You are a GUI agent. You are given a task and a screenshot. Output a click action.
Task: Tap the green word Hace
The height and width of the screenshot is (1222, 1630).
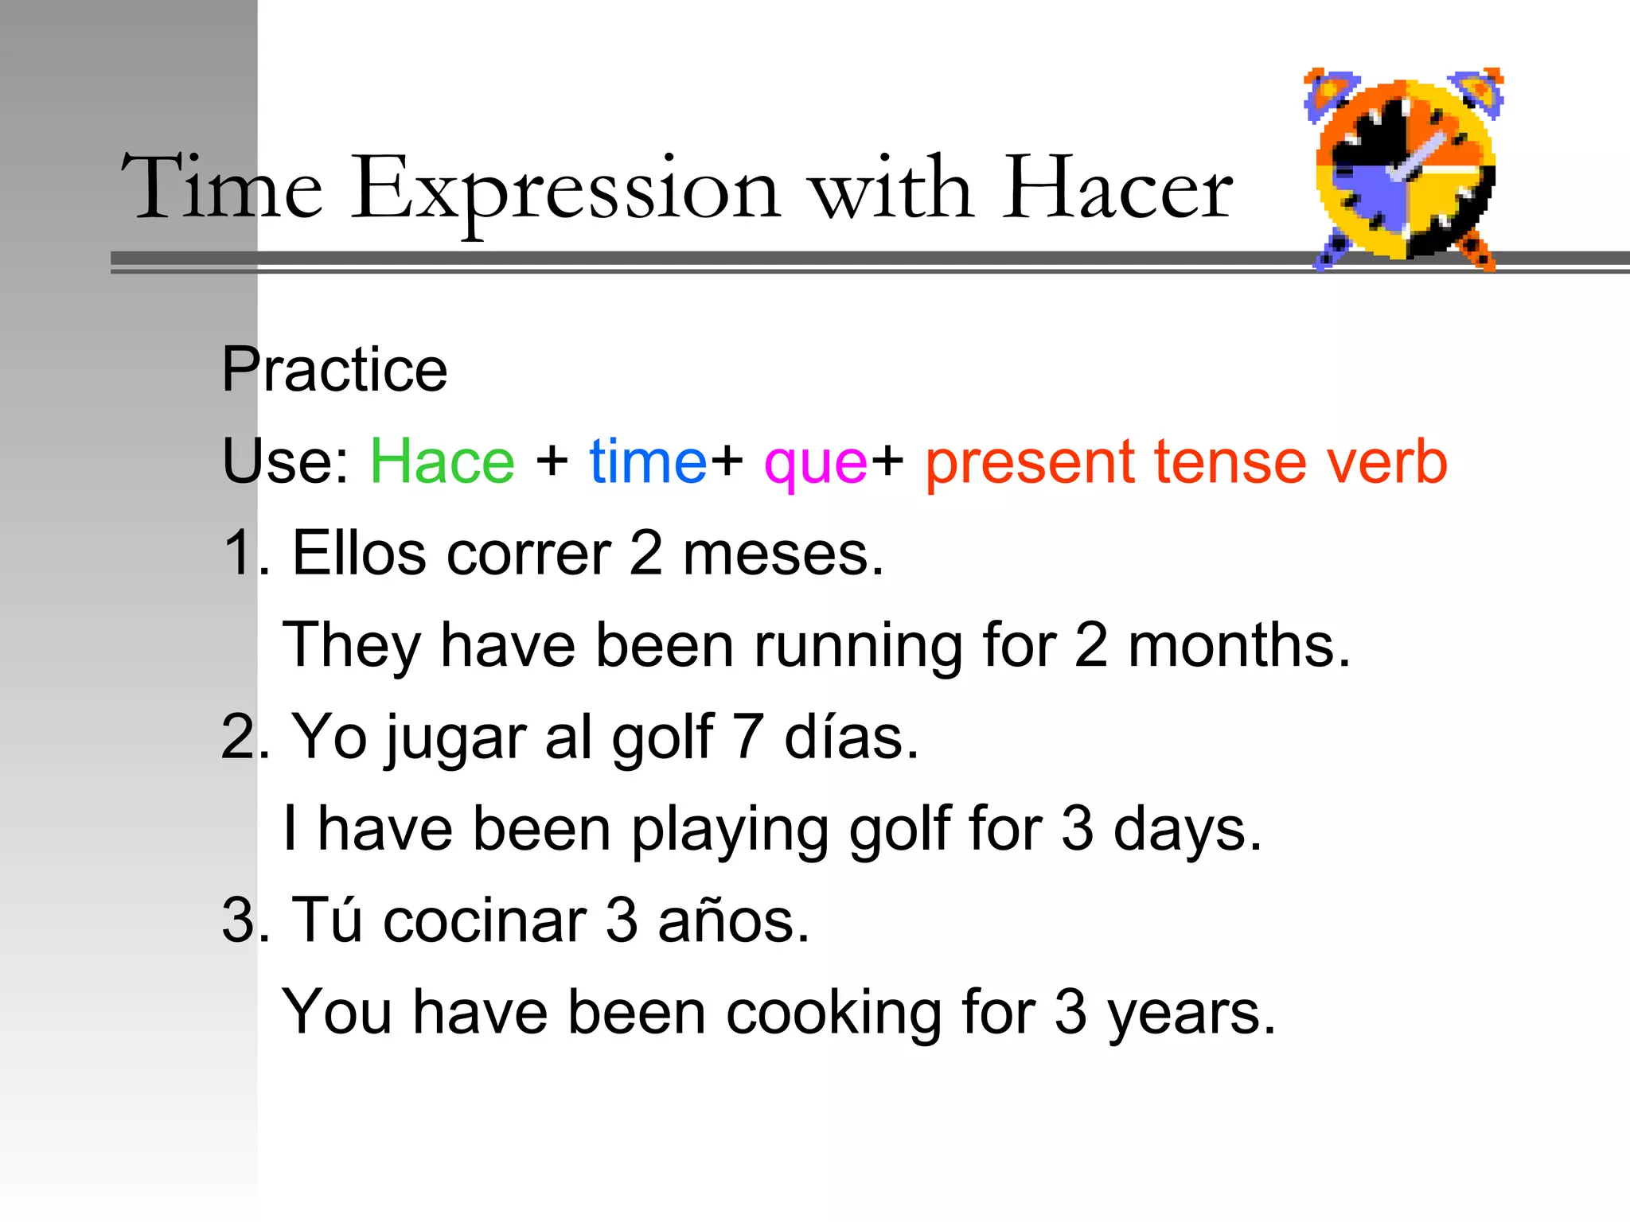coord(443,461)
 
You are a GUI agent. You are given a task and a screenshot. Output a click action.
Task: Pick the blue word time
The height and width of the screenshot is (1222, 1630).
coord(647,461)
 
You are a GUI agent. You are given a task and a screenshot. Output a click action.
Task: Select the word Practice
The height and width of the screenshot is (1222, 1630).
coord(334,370)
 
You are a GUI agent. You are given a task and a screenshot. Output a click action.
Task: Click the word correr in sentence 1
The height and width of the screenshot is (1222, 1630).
coord(528,554)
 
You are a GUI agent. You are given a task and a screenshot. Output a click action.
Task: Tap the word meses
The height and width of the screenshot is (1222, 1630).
coord(783,554)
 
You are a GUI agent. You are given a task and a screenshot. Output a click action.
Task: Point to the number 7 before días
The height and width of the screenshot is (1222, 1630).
coord(748,737)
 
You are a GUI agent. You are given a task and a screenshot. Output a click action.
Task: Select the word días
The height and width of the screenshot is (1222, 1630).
coord(851,737)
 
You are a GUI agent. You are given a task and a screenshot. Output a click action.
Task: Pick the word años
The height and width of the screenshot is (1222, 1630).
coord(733,920)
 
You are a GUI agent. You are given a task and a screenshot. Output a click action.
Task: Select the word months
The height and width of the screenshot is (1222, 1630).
coord(1238,645)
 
